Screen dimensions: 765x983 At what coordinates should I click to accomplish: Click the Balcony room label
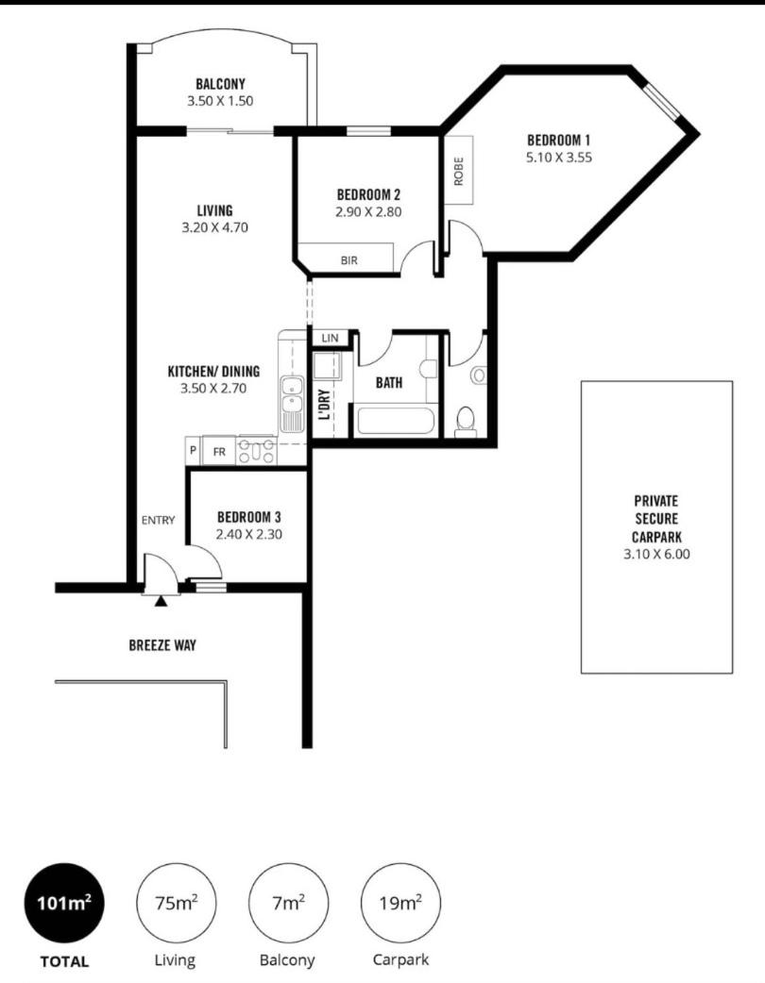pyautogui.click(x=220, y=84)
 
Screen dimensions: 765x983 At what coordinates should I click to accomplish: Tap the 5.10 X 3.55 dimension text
pyautogui.click(x=558, y=158)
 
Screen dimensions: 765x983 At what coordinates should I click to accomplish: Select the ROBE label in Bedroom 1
pyautogui.click(x=459, y=171)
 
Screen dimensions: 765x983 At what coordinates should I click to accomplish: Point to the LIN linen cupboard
pyautogui.click(x=330, y=338)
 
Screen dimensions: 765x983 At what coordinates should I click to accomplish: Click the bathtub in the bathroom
pyautogui.click(x=396, y=422)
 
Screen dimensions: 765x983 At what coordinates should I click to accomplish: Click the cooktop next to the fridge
pyautogui.click(x=256, y=450)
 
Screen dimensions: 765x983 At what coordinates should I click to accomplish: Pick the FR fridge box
pyautogui.click(x=218, y=451)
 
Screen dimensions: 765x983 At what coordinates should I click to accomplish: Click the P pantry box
pyautogui.click(x=193, y=450)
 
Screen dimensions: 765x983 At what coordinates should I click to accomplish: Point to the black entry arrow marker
pyautogui.click(x=161, y=601)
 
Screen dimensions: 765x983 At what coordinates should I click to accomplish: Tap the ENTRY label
pyautogui.click(x=158, y=520)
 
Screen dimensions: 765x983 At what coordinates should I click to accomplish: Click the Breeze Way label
pyautogui.click(x=162, y=644)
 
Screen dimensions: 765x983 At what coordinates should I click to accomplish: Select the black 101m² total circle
pyautogui.click(x=64, y=903)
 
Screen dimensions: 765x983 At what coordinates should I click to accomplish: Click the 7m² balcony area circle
pyautogui.click(x=289, y=903)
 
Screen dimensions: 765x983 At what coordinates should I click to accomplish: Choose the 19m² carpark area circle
pyautogui.click(x=400, y=903)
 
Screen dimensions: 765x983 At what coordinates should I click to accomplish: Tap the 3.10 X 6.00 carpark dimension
pyautogui.click(x=656, y=554)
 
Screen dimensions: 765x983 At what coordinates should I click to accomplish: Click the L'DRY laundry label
pyautogui.click(x=324, y=405)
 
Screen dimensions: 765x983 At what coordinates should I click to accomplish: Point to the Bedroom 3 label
pyautogui.click(x=249, y=517)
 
